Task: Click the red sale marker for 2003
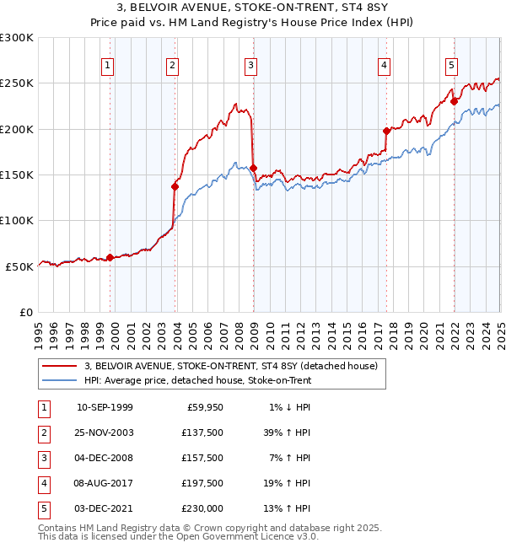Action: (x=175, y=186)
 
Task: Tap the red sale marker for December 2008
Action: (x=254, y=169)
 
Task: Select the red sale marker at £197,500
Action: (x=386, y=131)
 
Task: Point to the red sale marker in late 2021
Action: (x=454, y=102)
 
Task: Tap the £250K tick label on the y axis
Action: (x=17, y=83)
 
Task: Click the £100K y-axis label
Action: (x=17, y=220)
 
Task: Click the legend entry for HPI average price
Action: (x=198, y=380)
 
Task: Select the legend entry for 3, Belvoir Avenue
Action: (x=235, y=366)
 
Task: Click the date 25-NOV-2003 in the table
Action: (x=105, y=432)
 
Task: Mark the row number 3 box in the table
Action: (x=44, y=458)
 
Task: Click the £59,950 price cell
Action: (x=204, y=407)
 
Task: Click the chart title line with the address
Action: (x=253, y=8)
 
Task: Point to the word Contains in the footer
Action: (x=58, y=528)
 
